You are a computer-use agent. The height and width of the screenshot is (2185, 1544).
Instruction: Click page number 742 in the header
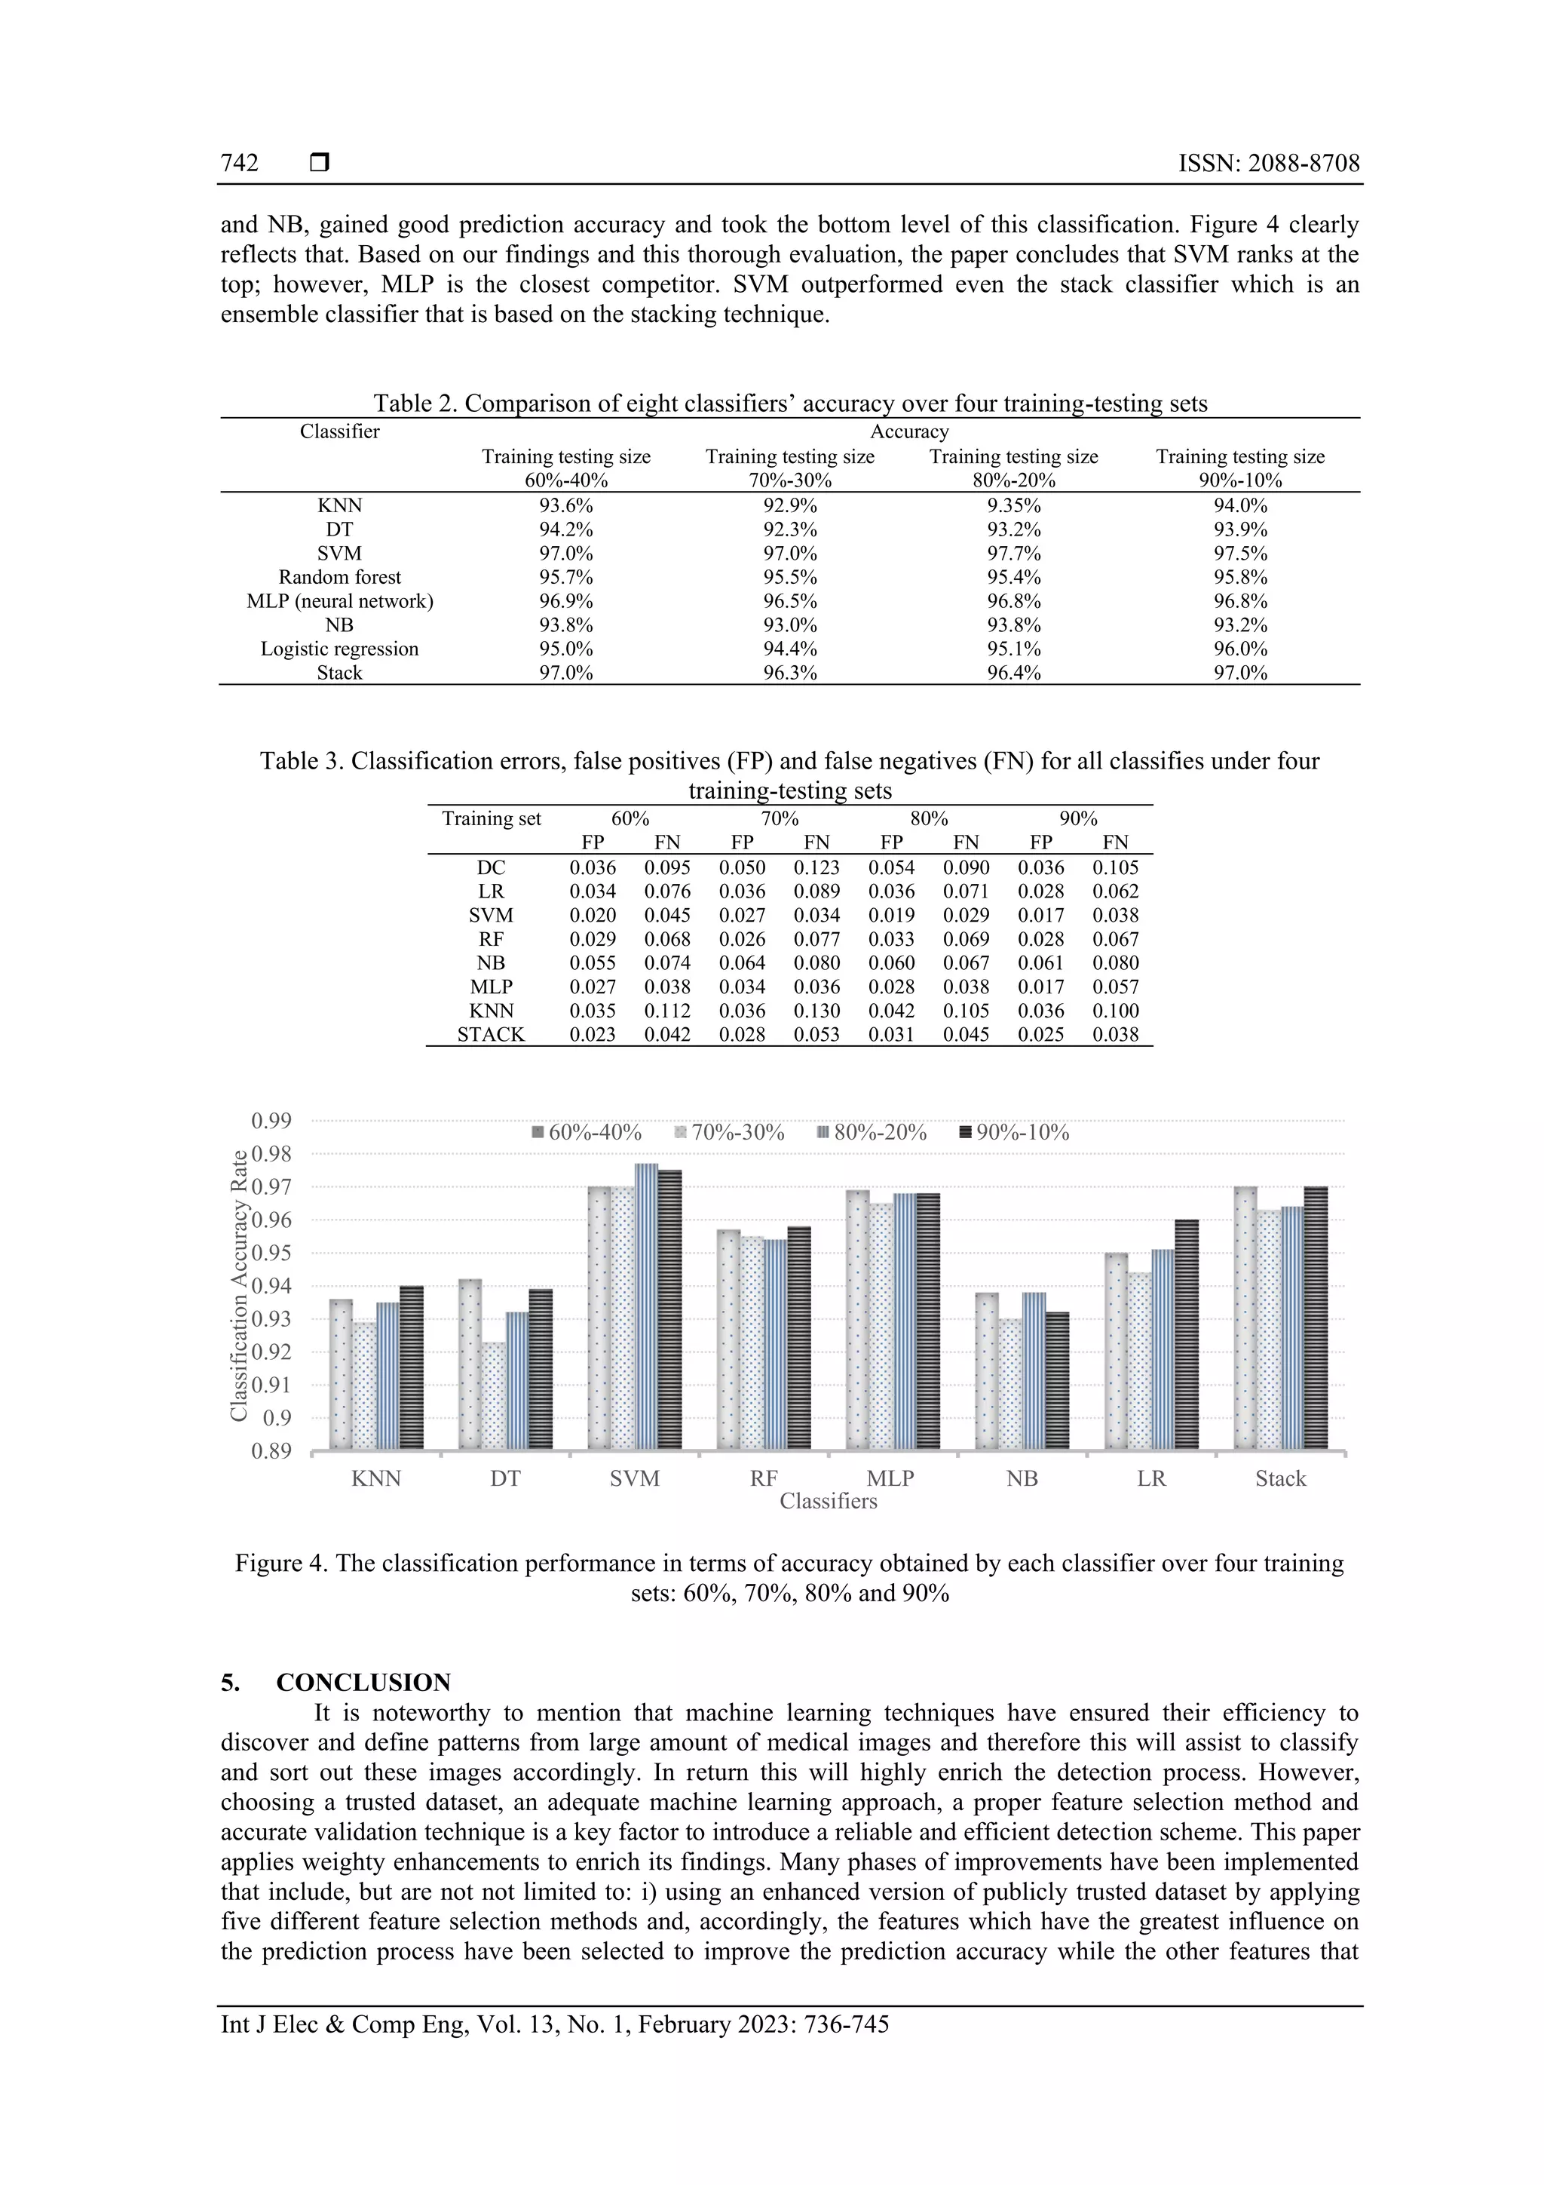(240, 163)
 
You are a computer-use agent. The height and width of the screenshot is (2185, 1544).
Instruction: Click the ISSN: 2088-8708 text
(1268, 163)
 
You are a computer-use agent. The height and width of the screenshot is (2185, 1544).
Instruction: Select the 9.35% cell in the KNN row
(1013, 505)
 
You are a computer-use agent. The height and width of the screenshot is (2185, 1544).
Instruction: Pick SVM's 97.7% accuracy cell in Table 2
(1013, 553)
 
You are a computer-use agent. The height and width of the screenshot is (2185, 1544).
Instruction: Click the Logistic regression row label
(339, 649)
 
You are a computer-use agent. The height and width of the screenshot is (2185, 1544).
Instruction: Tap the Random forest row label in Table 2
(339, 577)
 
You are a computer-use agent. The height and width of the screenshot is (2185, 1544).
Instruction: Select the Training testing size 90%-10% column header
(1239, 468)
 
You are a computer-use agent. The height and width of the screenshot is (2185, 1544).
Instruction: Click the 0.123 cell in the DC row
(816, 868)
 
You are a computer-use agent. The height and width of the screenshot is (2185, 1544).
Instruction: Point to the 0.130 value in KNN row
(816, 1011)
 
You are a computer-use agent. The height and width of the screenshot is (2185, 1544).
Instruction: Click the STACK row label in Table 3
(491, 1035)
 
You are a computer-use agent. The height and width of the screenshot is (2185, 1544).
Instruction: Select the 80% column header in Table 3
(929, 818)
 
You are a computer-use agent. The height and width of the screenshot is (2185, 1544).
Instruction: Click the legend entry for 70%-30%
(730, 1132)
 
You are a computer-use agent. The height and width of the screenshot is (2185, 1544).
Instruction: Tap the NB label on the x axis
(1022, 1479)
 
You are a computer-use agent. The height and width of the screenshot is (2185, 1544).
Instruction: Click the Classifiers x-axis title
(828, 1501)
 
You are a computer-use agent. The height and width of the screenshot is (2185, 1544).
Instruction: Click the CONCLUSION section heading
(363, 1683)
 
